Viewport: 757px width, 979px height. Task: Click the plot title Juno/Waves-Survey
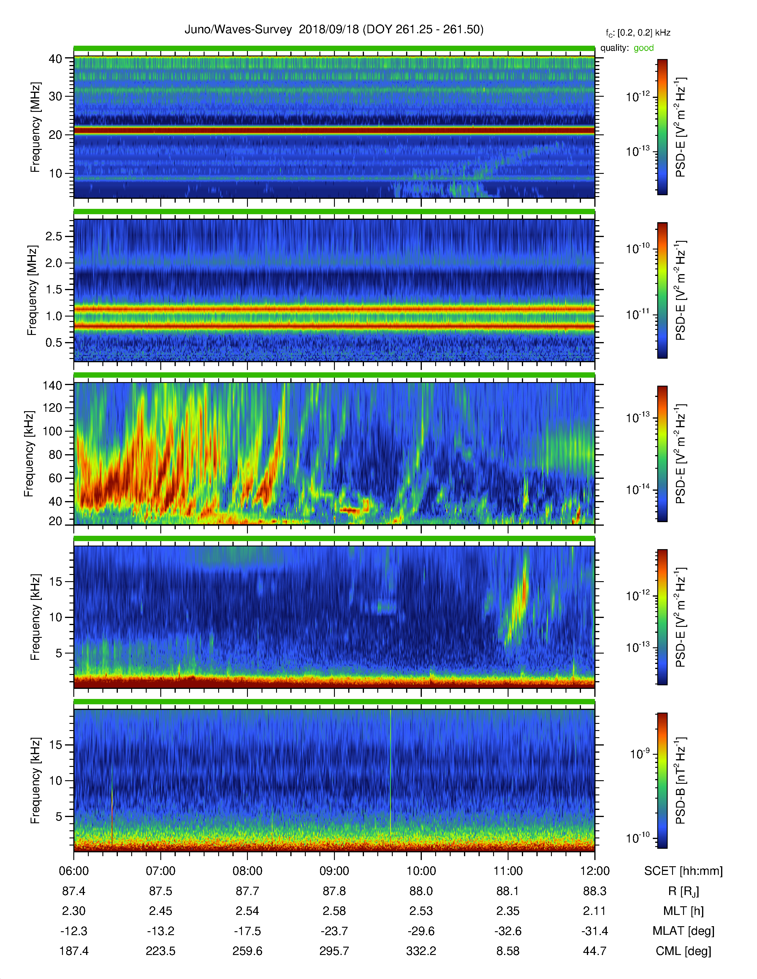pyautogui.click(x=238, y=30)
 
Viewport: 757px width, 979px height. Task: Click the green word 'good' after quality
pyautogui.click(x=644, y=48)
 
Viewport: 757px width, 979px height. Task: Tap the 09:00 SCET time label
pyautogui.click(x=334, y=871)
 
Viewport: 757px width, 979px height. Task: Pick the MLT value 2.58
pyautogui.click(x=334, y=911)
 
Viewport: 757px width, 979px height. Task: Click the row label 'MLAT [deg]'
pyautogui.click(x=683, y=931)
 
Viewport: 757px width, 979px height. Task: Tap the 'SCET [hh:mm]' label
pyautogui.click(x=683, y=871)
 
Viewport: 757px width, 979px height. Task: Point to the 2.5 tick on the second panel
pyautogui.click(x=54, y=236)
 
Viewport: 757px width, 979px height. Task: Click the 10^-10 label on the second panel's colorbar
pyautogui.click(x=638, y=248)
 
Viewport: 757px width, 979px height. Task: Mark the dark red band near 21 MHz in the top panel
pyautogui.click(x=334, y=131)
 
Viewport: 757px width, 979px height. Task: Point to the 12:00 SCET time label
pyautogui.click(x=595, y=871)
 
